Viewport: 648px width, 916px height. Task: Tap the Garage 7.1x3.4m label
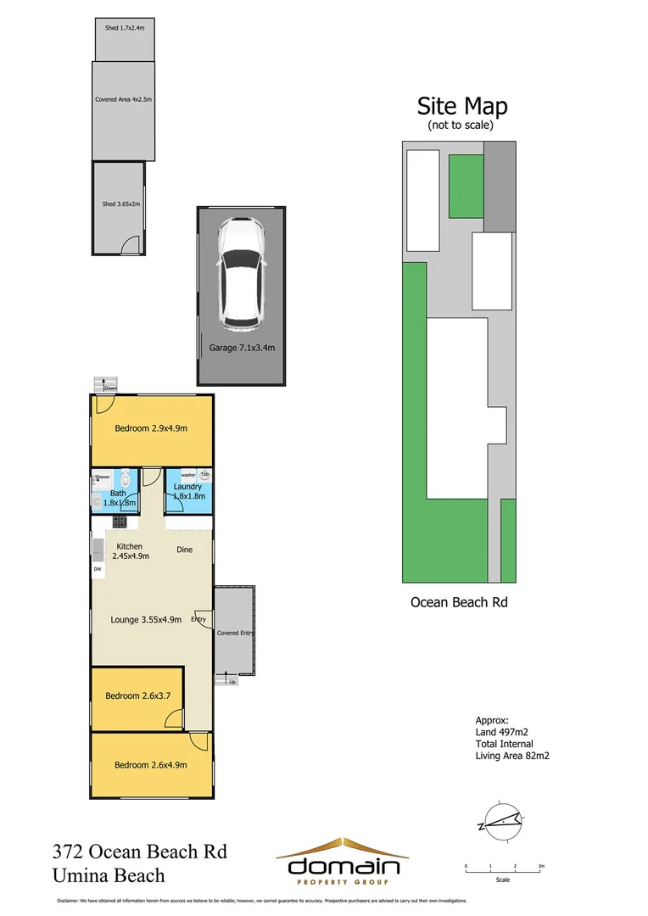[x=242, y=348]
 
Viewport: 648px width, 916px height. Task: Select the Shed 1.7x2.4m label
[x=125, y=28]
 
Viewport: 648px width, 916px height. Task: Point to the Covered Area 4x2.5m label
[x=123, y=99]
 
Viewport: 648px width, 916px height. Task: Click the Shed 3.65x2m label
[x=120, y=204]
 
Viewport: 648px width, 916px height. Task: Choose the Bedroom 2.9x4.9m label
[x=151, y=428]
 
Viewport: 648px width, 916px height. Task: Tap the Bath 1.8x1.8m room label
[x=118, y=498]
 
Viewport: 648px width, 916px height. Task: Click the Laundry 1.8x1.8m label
[x=187, y=491]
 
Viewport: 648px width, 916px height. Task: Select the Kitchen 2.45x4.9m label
[x=129, y=551]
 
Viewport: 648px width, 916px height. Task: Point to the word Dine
[x=184, y=550]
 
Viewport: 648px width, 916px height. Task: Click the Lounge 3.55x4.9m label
[x=146, y=619]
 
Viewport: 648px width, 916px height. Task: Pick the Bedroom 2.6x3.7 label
[x=138, y=695]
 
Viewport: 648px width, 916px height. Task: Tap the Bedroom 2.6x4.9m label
[x=151, y=764]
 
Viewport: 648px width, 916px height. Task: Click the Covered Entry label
[x=235, y=633]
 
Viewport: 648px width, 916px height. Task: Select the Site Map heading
[x=461, y=106]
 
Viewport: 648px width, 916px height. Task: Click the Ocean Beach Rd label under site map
[x=459, y=602]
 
